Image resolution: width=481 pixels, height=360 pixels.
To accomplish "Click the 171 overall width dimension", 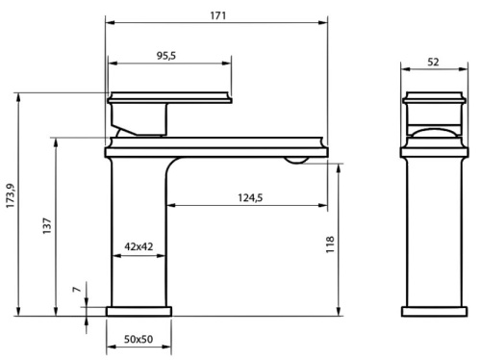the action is click(218, 15).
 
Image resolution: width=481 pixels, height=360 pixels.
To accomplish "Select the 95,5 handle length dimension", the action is click(166, 56).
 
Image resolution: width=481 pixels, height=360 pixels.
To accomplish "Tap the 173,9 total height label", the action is click(11, 195).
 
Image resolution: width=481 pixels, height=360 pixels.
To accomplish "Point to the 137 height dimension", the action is click(47, 225).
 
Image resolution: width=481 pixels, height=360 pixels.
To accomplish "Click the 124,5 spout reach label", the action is click(250, 197).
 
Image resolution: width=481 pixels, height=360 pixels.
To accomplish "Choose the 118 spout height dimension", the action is click(330, 244).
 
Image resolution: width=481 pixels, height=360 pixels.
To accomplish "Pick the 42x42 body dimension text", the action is click(139, 246).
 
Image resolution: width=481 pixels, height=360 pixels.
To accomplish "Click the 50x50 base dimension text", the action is click(139, 339).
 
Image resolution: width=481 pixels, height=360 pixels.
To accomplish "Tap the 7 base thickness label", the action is click(77, 289).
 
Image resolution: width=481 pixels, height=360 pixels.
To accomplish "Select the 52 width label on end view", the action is click(433, 62).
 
